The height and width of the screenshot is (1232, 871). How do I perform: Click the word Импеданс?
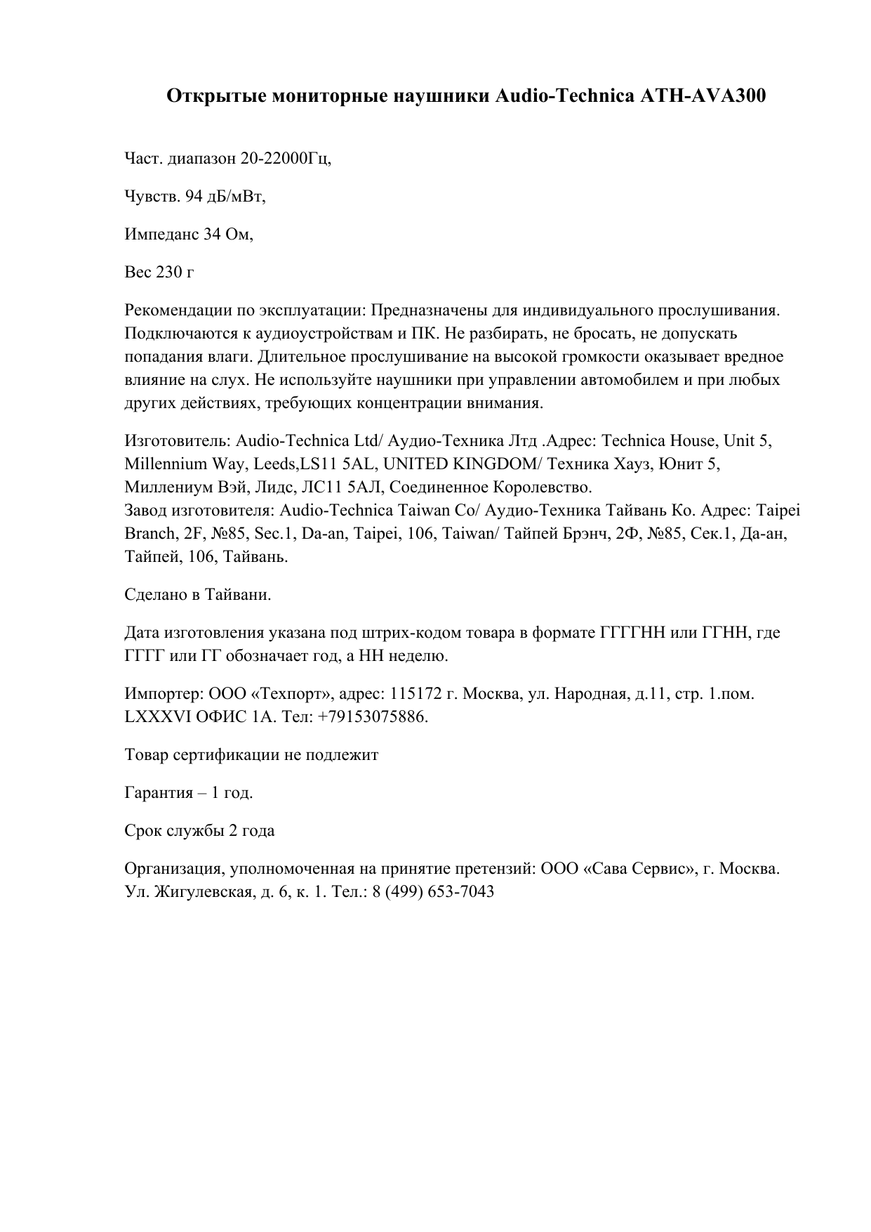click(x=161, y=235)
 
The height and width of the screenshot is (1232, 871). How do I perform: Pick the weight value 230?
click(x=169, y=272)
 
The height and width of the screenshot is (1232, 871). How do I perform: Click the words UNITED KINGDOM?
click(x=459, y=464)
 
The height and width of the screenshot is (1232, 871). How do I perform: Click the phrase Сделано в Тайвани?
click(x=197, y=595)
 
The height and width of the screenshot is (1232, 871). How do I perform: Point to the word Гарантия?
click(x=159, y=793)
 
